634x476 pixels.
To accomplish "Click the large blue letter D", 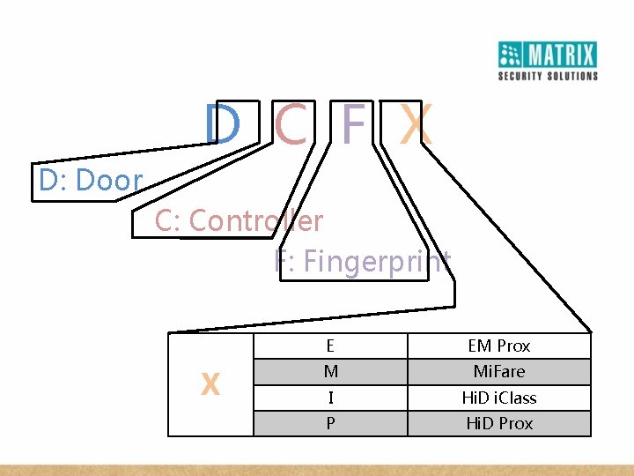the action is pos(222,125).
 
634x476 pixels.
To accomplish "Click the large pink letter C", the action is pos(291,125).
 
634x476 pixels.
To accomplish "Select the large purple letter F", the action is pos(352,125).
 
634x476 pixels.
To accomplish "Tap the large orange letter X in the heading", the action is pos(415,125).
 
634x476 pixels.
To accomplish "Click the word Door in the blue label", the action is pos(109,181).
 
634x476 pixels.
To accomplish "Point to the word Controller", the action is pos(256,220).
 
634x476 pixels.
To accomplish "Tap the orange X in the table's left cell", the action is pos(210,384).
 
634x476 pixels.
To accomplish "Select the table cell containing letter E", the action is pos(330,346).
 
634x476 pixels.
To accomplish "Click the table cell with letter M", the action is pos(330,372).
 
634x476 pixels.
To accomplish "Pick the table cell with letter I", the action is pos(330,398).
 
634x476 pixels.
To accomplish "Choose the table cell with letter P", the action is pos(330,423).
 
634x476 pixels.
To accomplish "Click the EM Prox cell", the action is pos(499,346).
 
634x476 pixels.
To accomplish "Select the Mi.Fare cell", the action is pos(499,372).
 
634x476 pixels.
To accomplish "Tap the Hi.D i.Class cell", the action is pos(499,398).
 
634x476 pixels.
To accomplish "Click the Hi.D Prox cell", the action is pos(499,423).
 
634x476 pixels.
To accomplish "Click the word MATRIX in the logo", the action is pos(562,56).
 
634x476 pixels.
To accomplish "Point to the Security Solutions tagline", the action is pos(548,76).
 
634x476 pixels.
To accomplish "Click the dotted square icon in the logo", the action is pos(512,55).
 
